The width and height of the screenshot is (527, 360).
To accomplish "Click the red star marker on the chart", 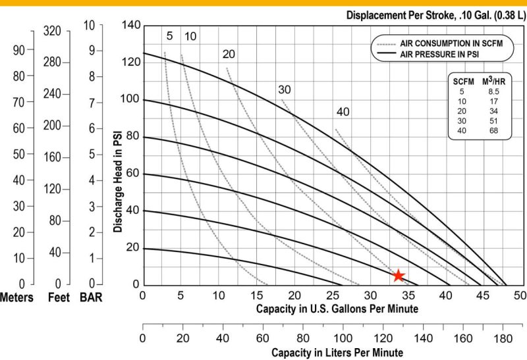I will coord(398,276).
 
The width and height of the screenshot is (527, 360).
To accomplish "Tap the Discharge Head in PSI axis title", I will coord(118,180).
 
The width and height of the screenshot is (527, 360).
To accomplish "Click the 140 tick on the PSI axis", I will coord(132,25).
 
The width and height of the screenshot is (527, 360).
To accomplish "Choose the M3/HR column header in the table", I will coord(490,81).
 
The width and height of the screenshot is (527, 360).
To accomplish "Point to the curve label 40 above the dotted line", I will coord(343,112).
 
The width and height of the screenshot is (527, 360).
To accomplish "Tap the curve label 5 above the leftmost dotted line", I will coord(169,36).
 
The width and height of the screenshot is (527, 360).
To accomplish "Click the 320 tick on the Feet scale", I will coord(52,30).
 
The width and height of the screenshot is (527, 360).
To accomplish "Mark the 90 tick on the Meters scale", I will coord(20,49).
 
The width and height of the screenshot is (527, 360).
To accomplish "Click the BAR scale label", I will coord(90,297).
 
